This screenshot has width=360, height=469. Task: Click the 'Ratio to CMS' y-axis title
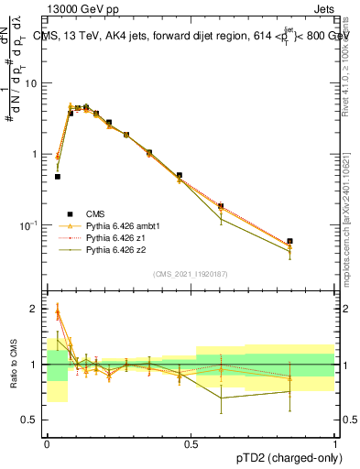pos(12,365)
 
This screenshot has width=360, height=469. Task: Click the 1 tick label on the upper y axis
pos(36,154)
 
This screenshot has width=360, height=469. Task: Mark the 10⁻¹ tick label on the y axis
pos(30,224)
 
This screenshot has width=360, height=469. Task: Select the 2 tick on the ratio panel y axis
pos(37,309)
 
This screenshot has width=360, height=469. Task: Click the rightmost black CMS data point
pos(289,241)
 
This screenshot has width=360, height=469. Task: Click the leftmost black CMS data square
pos(58,176)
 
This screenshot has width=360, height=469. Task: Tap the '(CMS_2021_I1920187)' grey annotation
pos(191,272)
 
